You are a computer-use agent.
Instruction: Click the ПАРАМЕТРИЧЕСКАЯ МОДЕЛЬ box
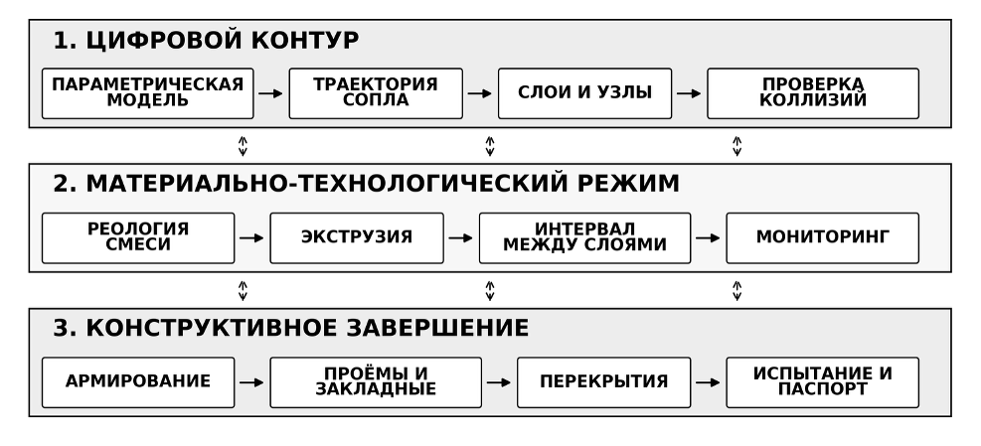coord(148,93)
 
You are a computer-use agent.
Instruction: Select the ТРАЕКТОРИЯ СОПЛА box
coord(376,93)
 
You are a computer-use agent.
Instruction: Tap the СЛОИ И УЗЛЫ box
coord(585,93)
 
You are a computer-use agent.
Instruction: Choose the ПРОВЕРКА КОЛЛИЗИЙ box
coord(813,93)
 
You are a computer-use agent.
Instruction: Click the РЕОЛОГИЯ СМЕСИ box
coord(138,237)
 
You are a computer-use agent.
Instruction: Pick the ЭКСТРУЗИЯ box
coord(357,237)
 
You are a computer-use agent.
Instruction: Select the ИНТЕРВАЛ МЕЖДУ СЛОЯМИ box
coord(585,237)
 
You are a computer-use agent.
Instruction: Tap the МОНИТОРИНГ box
coord(823,237)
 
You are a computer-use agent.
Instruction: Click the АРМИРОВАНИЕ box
coord(138,382)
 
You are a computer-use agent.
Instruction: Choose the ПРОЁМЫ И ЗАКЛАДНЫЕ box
coord(376,382)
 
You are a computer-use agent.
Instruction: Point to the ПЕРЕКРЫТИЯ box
coord(603,382)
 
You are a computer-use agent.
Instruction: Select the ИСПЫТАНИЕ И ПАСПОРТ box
coord(823,382)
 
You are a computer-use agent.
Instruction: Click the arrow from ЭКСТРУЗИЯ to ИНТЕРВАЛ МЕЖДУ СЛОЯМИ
coord(461,237)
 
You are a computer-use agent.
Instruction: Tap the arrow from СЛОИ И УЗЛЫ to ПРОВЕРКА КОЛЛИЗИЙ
coord(690,93)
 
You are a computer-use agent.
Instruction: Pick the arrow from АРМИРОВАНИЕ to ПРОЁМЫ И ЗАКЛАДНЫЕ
coord(252,382)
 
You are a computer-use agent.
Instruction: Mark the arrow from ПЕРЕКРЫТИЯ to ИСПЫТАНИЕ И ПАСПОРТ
coord(709,382)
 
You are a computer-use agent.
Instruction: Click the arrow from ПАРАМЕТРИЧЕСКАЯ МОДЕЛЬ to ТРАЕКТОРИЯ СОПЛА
coord(271,93)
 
